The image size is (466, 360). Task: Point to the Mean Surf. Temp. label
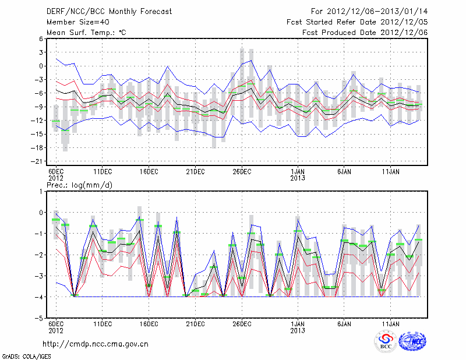86,33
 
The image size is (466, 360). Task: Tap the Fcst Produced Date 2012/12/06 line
365,33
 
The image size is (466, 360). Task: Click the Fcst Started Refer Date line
357,22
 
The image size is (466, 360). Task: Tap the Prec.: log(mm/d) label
83,185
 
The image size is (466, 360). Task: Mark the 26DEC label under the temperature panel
242,171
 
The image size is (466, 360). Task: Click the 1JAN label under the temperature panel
298,171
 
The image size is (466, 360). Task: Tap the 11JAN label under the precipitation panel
390,324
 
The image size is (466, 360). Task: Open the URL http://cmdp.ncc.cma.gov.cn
96,344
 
